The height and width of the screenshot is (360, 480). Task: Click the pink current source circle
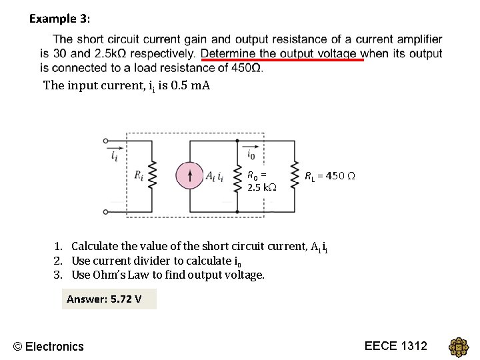click(190, 176)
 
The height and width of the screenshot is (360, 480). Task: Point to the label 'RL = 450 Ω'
click(329, 176)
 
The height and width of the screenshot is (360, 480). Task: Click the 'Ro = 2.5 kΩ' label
click(258, 181)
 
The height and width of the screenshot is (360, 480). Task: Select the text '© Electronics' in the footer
click(49, 346)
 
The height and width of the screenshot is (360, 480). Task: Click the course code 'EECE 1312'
click(396, 345)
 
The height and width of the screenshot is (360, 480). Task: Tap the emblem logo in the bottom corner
click(459, 347)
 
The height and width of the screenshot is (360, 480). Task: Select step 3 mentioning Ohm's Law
click(159, 275)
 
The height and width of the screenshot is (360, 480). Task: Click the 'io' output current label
click(251, 155)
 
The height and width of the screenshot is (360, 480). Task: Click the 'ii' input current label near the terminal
click(115, 157)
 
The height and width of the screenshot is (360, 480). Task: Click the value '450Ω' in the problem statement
click(246, 67)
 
